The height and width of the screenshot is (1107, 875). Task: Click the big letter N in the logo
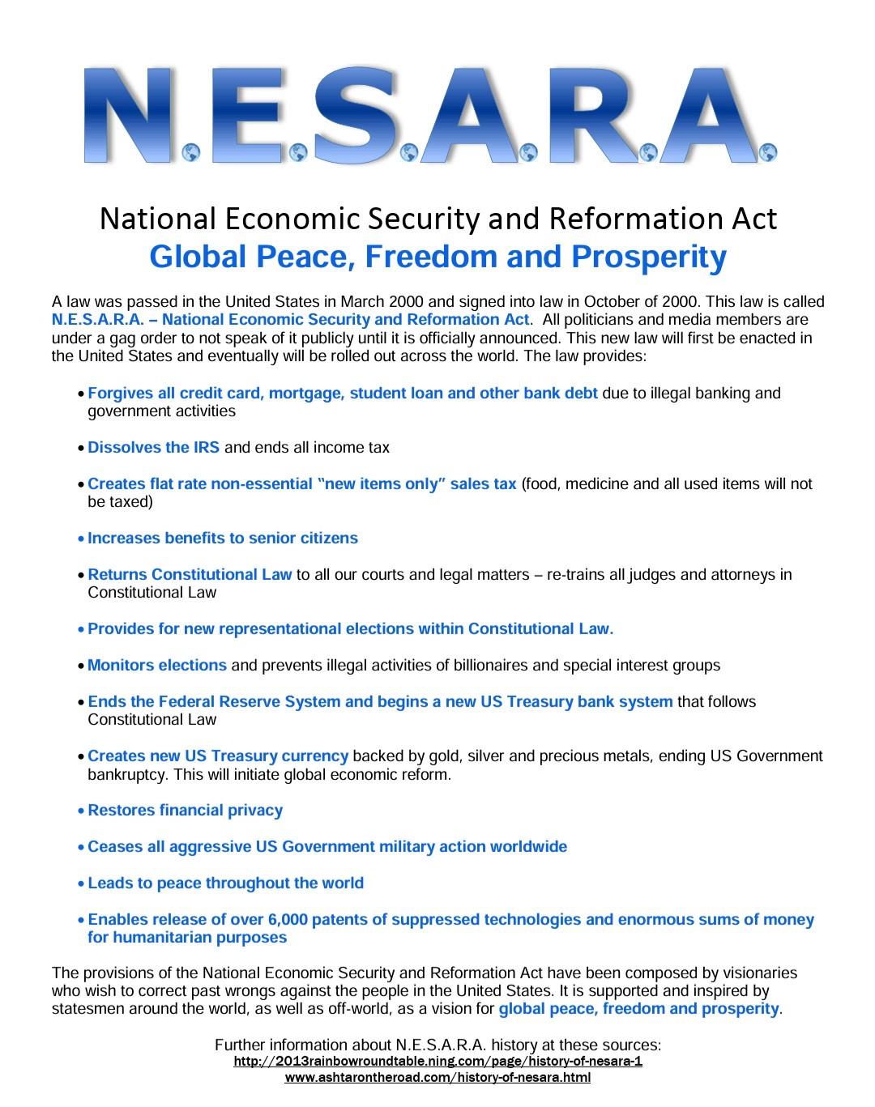coord(130,116)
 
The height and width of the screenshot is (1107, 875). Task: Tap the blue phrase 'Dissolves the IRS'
coord(154,447)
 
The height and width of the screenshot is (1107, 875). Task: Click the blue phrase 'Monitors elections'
coord(157,665)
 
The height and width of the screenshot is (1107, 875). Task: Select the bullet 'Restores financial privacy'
coord(185,810)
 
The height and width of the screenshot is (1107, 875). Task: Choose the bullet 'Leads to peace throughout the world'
coord(225,883)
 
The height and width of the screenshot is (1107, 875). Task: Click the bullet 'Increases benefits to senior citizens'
coord(223,538)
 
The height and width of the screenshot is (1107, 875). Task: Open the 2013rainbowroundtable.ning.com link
coord(437,1061)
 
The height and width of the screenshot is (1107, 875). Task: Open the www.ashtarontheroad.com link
coord(437,1077)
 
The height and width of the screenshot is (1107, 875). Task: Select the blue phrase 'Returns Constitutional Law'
coord(190,574)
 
